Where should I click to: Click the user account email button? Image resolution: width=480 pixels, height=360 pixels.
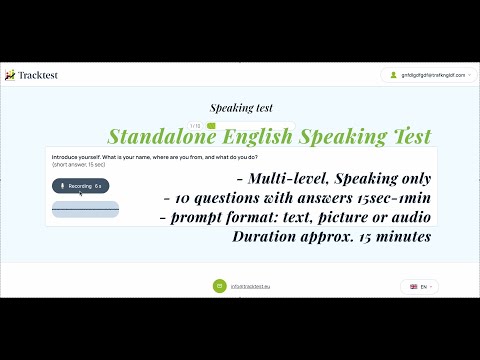(x=424, y=75)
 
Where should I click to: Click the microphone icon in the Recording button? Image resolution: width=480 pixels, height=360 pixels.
(x=62, y=186)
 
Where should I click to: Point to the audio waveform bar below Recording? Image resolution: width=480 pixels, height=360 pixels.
(x=85, y=209)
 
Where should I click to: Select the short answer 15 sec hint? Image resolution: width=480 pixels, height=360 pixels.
(x=79, y=165)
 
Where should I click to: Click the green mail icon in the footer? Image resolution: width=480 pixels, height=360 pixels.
(x=218, y=286)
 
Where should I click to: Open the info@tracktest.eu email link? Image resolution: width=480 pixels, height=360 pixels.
(x=250, y=286)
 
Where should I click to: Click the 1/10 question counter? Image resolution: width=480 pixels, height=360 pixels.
(x=195, y=125)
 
